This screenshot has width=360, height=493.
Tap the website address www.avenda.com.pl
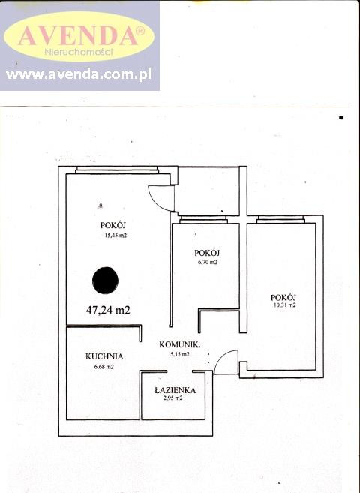pyautogui.click(x=79, y=74)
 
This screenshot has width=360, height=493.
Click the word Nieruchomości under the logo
pyautogui.click(x=79, y=51)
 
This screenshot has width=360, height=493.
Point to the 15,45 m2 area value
pyautogui.click(x=115, y=235)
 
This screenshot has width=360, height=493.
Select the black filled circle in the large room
pyautogui.click(x=105, y=281)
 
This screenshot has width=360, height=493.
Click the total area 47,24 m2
pyautogui.click(x=108, y=310)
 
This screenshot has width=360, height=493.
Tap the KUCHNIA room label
pyautogui.click(x=104, y=356)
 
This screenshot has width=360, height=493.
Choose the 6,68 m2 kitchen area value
pyautogui.click(x=104, y=367)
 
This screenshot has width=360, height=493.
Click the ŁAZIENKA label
pyautogui.click(x=175, y=390)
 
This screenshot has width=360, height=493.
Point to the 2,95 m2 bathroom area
pyautogui.click(x=172, y=398)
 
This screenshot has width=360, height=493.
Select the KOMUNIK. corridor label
pyautogui.click(x=180, y=344)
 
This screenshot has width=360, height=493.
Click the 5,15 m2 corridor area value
pyautogui.click(x=180, y=354)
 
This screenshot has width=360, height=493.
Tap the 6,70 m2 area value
pyautogui.click(x=207, y=262)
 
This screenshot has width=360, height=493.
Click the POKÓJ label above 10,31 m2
pyautogui.click(x=283, y=297)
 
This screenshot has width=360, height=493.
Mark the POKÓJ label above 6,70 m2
pyautogui.click(x=207, y=252)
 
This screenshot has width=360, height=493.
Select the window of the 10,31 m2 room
pyautogui.click(x=280, y=219)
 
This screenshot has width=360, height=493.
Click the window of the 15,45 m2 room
pyautogui.click(x=117, y=170)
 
